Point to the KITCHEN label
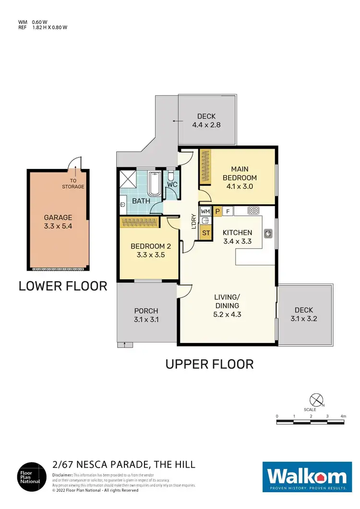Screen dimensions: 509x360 point(237,233)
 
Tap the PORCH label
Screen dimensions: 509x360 point(146,311)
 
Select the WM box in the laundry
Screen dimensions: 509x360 point(205,211)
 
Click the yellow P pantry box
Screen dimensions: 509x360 point(217,211)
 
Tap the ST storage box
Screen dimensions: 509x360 point(205,233)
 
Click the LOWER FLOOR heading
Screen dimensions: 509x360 point(62,286)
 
